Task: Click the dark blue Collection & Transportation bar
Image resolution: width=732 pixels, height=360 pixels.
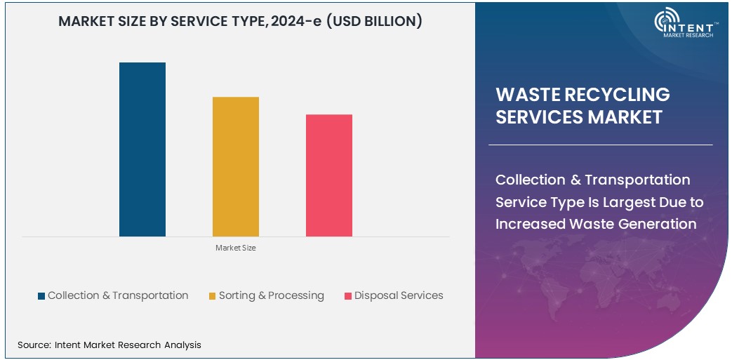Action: point(142,149)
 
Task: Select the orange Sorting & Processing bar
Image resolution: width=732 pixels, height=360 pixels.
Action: point(236,166)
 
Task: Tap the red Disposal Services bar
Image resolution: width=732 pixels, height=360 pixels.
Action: point(329,175)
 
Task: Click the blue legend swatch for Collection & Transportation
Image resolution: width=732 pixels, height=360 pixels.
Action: point(41,296)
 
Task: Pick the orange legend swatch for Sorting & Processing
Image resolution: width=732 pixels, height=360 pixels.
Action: point(212,296)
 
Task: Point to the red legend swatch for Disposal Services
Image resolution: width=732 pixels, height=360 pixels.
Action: point(347,296)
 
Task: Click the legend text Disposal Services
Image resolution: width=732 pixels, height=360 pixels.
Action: point(399,295)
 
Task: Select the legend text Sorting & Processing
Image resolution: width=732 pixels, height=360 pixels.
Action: point(271,295)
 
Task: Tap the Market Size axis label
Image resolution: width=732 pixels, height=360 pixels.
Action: point(236,248)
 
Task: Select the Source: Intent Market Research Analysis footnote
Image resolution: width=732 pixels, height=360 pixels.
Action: point(109,345)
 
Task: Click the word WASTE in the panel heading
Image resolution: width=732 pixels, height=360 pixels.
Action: point(526,95)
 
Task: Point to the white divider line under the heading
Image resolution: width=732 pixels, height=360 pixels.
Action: point(600,145)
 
